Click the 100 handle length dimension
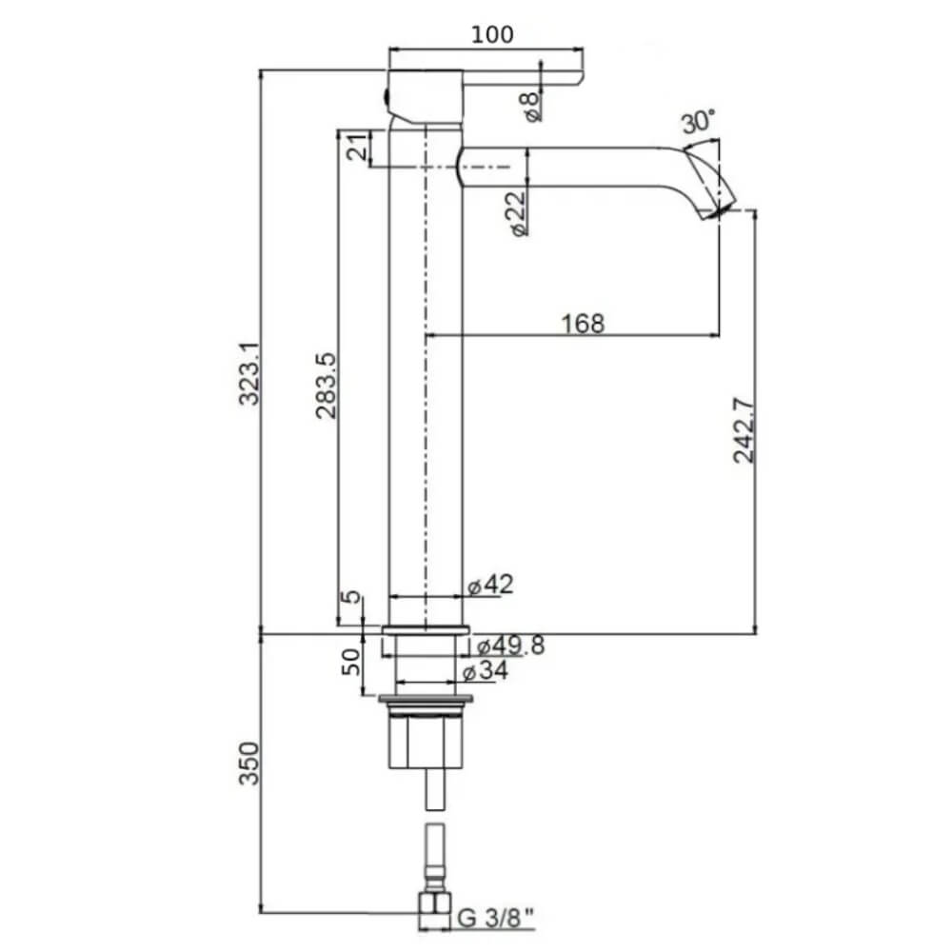coord(492,34)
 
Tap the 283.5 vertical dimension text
coord(325,387)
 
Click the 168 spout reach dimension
coord(583,324)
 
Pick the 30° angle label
coord(698,122)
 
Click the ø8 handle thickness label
coord(532,103)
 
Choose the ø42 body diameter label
coord(490,585)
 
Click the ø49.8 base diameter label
coord(510,646)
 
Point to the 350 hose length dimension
coord(248,762)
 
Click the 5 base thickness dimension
coord(352,598)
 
